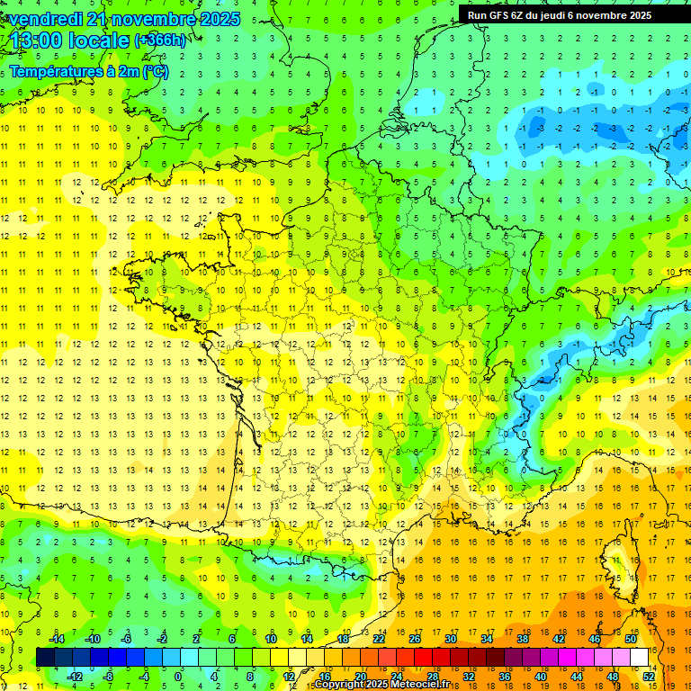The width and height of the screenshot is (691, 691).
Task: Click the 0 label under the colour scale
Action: (x=177, y=676)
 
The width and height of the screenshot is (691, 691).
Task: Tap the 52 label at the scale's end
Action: (x=648, y=676)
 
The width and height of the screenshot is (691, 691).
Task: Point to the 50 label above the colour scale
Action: (x=630, y=639)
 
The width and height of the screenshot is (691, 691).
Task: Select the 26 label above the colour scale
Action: (x=415, y=639)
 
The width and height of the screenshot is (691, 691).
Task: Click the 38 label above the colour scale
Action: (x=522, y=639)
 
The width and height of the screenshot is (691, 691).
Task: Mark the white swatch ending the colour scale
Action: (x=640, y=657)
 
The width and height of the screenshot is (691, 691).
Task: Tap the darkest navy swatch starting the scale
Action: (x=45, y=657)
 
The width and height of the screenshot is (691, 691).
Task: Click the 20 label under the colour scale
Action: (x=360, y=676)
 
